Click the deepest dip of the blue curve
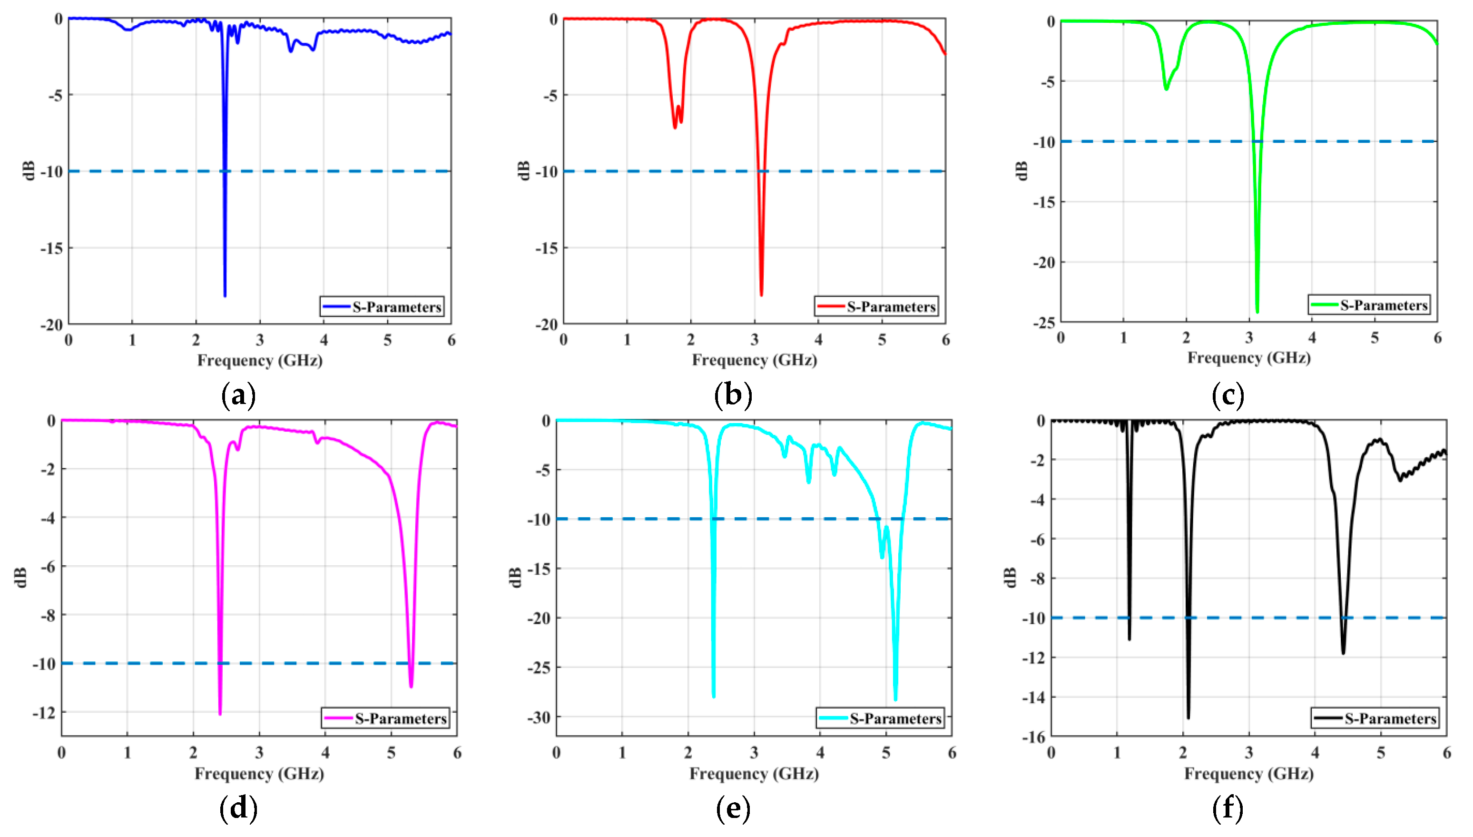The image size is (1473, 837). tap(225, 295)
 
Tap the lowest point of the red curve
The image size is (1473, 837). tap(762, 295)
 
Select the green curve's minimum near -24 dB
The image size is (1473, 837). tap(1257, 311)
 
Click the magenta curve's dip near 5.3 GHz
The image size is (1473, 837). tap(411, 686)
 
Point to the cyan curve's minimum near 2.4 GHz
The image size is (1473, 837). tap(714, 696)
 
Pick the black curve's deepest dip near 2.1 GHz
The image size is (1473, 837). tap(1188, 717)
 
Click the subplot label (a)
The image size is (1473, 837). tap(238, 395)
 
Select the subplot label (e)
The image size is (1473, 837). tap(733, 808)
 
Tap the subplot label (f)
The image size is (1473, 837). tap(1227, 808)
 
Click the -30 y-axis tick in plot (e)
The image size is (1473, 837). tap(539, 718)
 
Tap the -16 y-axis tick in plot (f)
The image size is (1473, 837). tap(1033, 737)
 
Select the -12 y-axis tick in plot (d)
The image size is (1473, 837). tap(44, 713)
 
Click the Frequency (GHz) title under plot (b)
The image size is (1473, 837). tap(754, 360)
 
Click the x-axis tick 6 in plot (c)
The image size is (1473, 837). tap(1437, 338)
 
